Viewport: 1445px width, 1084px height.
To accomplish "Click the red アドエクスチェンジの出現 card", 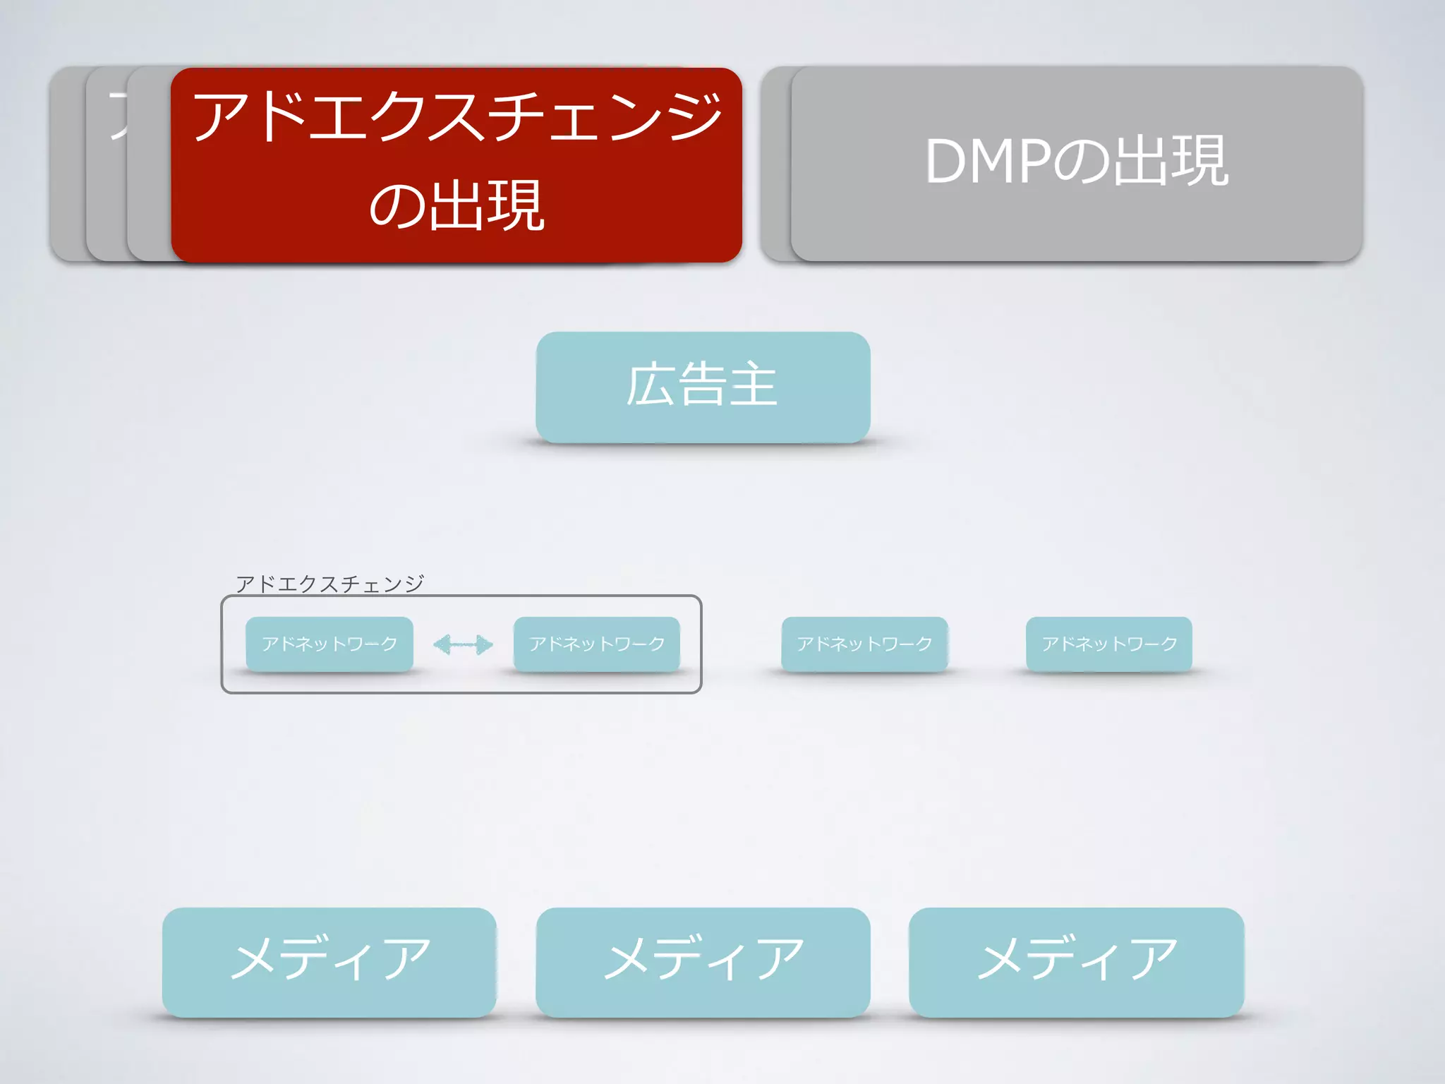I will (456, 165).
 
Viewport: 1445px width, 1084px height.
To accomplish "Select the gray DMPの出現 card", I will (1077, 164).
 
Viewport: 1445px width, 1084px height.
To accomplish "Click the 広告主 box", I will (703, 387).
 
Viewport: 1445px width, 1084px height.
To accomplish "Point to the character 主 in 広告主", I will (753, 385).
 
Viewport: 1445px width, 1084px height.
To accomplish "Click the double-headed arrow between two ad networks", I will (463, 644).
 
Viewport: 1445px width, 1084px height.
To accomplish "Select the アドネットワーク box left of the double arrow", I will (329, 644).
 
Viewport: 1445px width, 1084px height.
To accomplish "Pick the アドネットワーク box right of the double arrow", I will (597, 644).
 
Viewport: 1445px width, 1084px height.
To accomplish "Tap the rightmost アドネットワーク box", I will (1109, 644).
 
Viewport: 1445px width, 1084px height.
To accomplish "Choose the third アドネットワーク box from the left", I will (864, 644).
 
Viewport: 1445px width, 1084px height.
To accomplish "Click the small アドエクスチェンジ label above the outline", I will (329, 584).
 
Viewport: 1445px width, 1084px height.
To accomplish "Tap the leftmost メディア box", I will (329, 962).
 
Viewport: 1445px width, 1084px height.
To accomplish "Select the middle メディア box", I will (703, 962).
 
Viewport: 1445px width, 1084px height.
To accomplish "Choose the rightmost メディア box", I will (1077, 962).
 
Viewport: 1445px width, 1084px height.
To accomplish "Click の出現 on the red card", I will (456, 206).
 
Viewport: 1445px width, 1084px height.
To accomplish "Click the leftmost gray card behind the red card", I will (68, 165).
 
